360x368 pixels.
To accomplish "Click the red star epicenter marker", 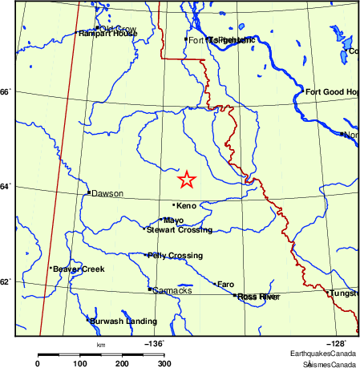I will click(x=186, y=179).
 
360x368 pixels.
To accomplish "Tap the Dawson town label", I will click(x=105, y=193).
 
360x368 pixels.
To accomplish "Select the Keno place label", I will click(x=186, y=206).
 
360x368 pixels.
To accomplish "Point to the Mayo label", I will click(x=174, y=220).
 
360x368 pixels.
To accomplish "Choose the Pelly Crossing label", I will click(x=175, y=256).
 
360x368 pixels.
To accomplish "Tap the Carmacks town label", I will click(x=172, y=290).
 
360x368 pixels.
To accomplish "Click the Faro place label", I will click(x=226, y=284).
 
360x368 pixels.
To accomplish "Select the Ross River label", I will click(x=257, y=297).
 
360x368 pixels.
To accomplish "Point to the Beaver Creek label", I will click(x=79, y=269).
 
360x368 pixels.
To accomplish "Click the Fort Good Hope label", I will click(x=330, y=92).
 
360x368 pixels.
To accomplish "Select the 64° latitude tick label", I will click(x=7, y=187).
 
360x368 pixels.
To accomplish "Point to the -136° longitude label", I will click(x=155, y=343).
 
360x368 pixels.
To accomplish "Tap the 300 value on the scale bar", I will click(x=164, y=364).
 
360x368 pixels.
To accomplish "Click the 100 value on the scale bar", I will click(x=80, y=364).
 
